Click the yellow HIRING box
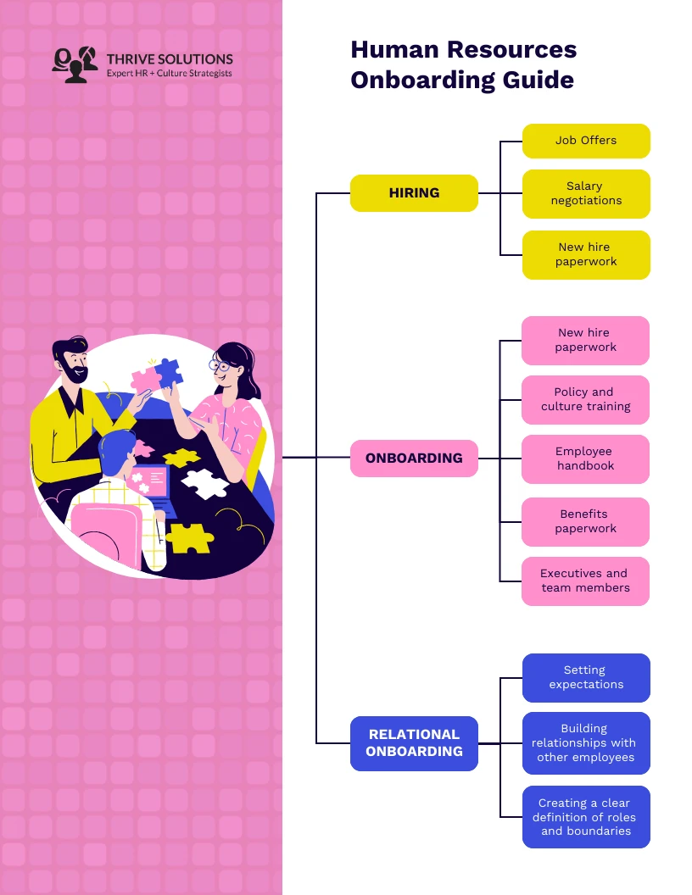coord(414,193)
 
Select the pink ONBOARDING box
coord(414,459)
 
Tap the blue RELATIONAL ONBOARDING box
coord(414,743)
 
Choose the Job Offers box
coord(586,141)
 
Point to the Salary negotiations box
coord(586,194)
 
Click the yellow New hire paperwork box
coord(586,255)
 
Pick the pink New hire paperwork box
coord(585,341)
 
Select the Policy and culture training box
coord(585,400)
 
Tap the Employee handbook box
coord(585,459)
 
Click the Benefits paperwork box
coord(585,522)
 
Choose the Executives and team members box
coord(585,581)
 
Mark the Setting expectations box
coord(586,678)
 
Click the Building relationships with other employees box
coord(586,743)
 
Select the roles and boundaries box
coord(586,817)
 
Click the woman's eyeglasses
coord(220,366)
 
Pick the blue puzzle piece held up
coord(169,372)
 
